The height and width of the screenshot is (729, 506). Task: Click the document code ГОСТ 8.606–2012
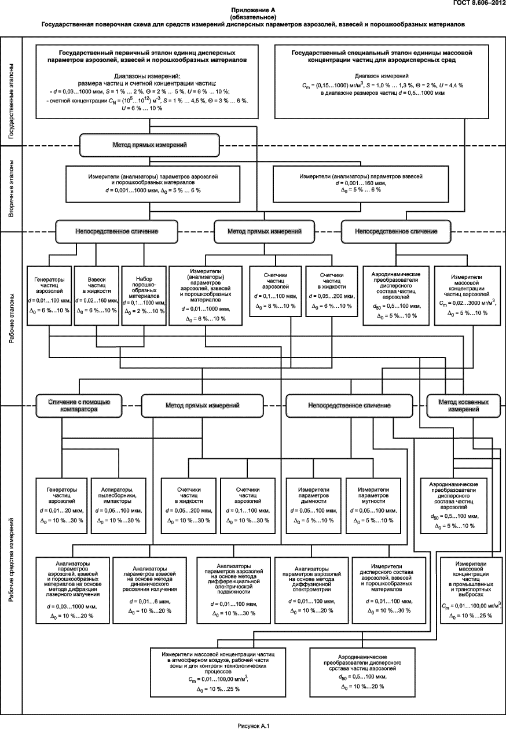pos(480,3)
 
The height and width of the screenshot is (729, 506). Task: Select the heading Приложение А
pos(253,10)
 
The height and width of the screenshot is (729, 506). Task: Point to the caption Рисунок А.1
pos(253,726)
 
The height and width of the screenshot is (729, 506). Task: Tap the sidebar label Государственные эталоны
pos(12,101)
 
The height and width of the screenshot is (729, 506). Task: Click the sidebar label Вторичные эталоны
pos(12,189)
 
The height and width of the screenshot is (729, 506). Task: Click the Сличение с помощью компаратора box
pos(79,406)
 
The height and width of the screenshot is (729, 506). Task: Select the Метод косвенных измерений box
pos(463,406)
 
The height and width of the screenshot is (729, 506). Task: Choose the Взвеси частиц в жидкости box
pos(96,296)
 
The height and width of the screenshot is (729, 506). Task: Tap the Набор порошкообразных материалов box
pos(144,296)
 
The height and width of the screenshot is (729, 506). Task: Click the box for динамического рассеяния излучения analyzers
pos(150,590)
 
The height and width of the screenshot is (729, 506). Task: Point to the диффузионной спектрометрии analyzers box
pos(311,590)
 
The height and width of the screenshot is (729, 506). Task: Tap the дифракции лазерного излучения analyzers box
pos(72,590)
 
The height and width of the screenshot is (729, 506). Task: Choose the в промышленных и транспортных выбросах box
pos(471,590)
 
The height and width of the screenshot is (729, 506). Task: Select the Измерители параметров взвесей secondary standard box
pos(361,184)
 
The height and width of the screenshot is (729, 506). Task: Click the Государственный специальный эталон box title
pos(382,56)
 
